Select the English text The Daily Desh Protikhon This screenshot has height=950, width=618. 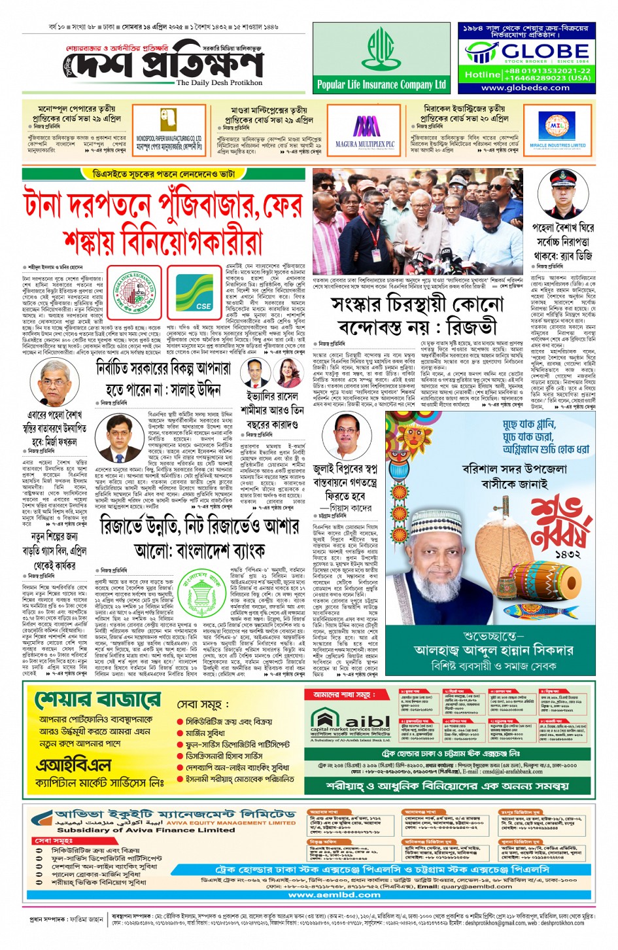219,83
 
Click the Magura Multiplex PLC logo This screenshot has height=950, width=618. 365,130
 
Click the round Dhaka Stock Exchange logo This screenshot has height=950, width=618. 135,291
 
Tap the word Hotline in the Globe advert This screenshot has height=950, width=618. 482,75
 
